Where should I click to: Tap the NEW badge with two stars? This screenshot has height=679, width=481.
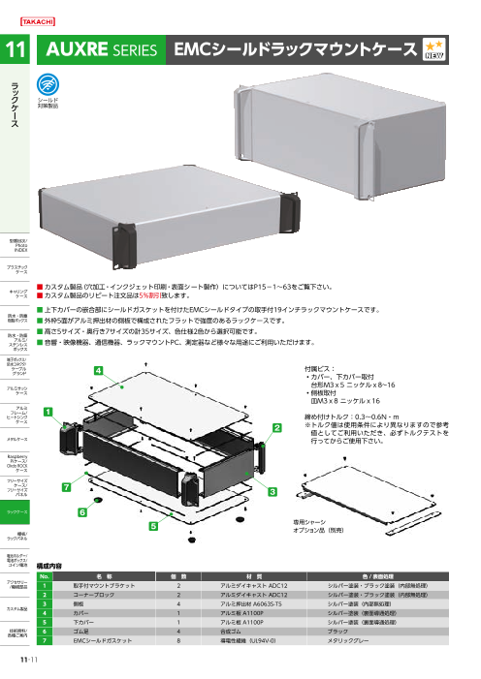click(x=437, y=50)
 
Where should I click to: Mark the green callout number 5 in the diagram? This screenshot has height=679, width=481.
click(x=152, y=524)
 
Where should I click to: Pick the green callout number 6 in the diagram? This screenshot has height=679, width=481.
click(x=82, y=509)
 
